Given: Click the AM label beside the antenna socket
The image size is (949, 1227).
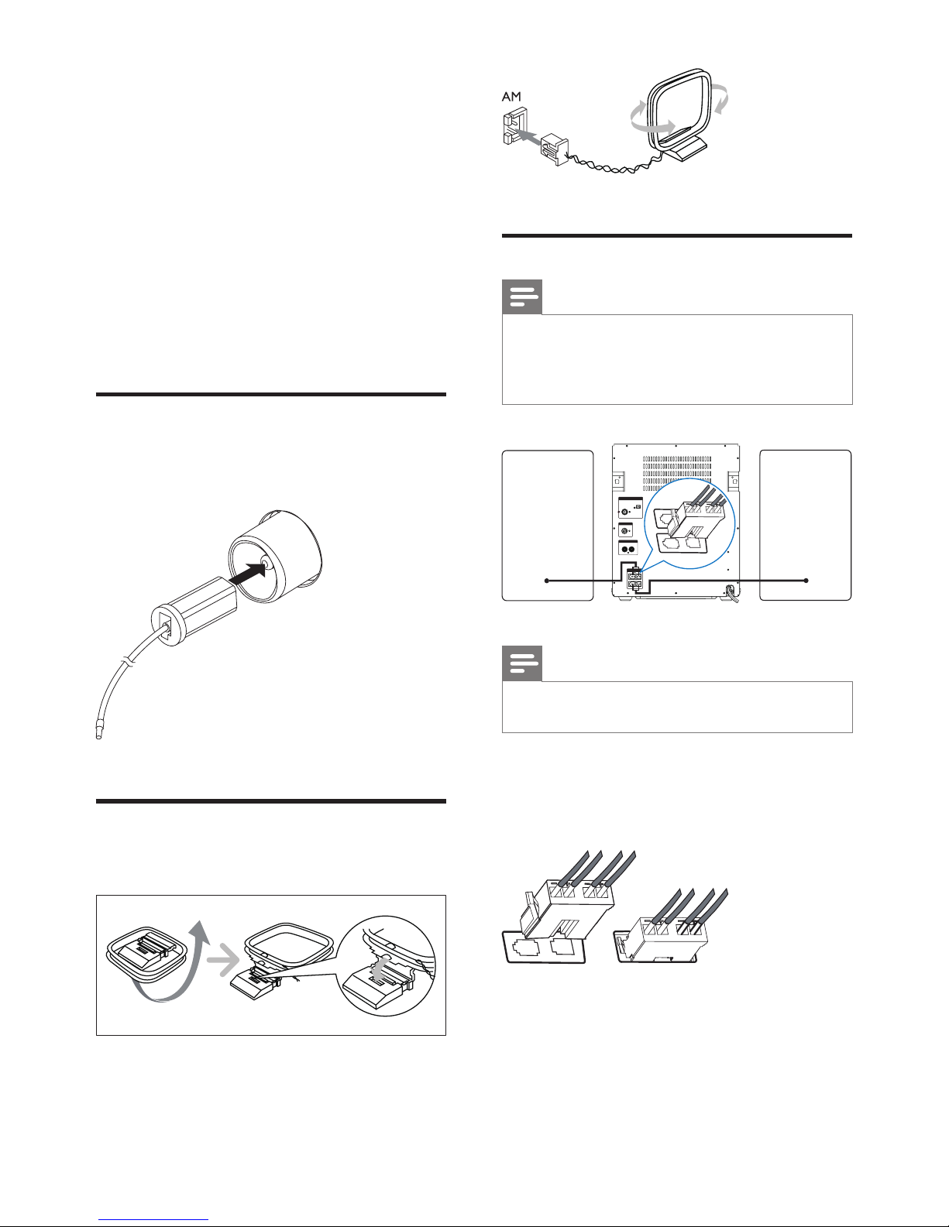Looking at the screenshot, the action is pos(511,97).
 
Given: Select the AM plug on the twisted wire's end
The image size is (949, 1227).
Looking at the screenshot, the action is pos(554,149).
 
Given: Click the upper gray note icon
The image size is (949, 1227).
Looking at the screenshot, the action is pos(522,297).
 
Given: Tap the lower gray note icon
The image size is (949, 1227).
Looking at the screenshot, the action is pos(522,663).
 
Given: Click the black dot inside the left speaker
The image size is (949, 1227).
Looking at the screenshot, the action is pos(546,581).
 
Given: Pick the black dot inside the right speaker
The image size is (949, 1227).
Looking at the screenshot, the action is pos(806,581).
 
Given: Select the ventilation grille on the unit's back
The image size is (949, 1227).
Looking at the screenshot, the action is pos(677,473).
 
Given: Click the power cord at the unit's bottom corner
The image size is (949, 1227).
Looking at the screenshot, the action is pos(732,593).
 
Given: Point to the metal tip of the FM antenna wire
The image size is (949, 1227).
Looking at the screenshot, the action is pos(98,733).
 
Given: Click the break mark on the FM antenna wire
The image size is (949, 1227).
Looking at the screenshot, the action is pos(129,660).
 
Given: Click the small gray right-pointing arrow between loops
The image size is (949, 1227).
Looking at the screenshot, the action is pos(223,959).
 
